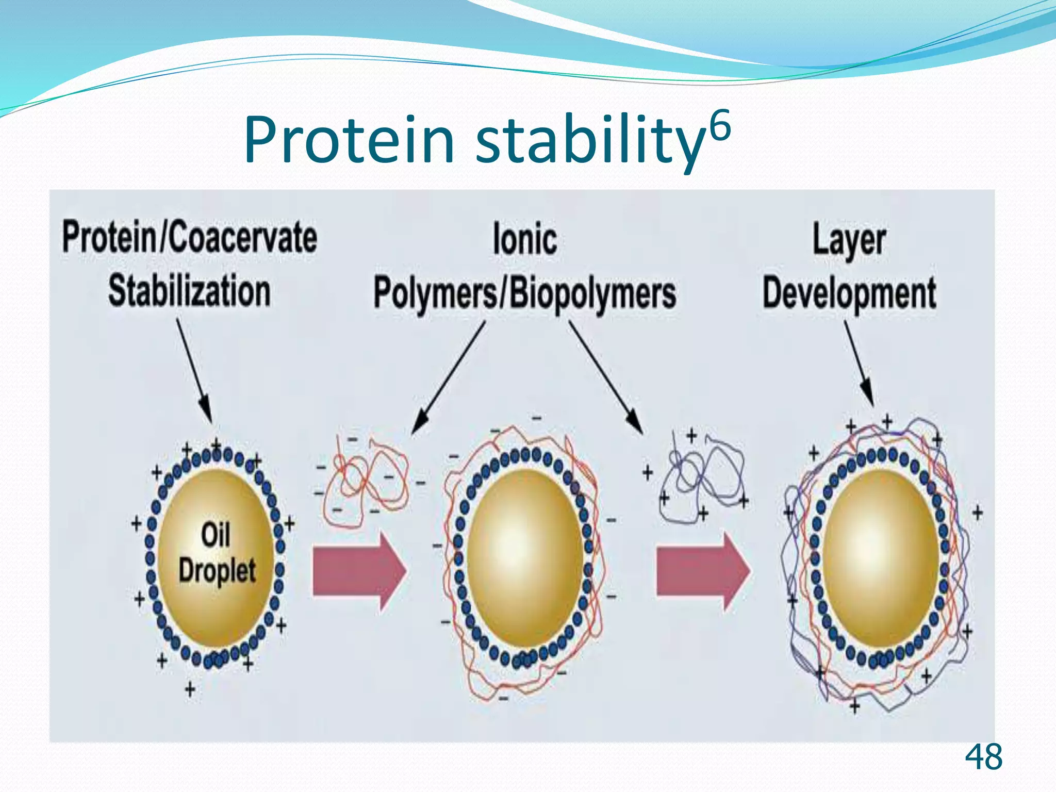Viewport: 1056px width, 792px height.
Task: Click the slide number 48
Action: click(x=983, y=757)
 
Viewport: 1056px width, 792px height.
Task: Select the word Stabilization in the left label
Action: click(x=189, y=291)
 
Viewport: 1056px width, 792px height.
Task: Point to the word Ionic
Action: click(x=524, y=239)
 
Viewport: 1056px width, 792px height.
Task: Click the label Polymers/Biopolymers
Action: click(x=524, y=294)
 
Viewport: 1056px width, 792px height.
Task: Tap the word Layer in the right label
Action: click(x=849, y=239)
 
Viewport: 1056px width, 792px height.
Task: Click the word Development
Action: click(x=849, y=293)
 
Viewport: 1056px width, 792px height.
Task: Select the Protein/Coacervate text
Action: click(x=189, y=237)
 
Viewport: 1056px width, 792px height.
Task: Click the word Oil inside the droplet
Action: click(x=215, y=535)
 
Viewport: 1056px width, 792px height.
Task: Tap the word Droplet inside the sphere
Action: click(x=217, y=570)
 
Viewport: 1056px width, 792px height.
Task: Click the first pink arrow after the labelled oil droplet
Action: click(x=359, y=572)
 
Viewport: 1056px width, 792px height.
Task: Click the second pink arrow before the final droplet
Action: click(x=702, y=572)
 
